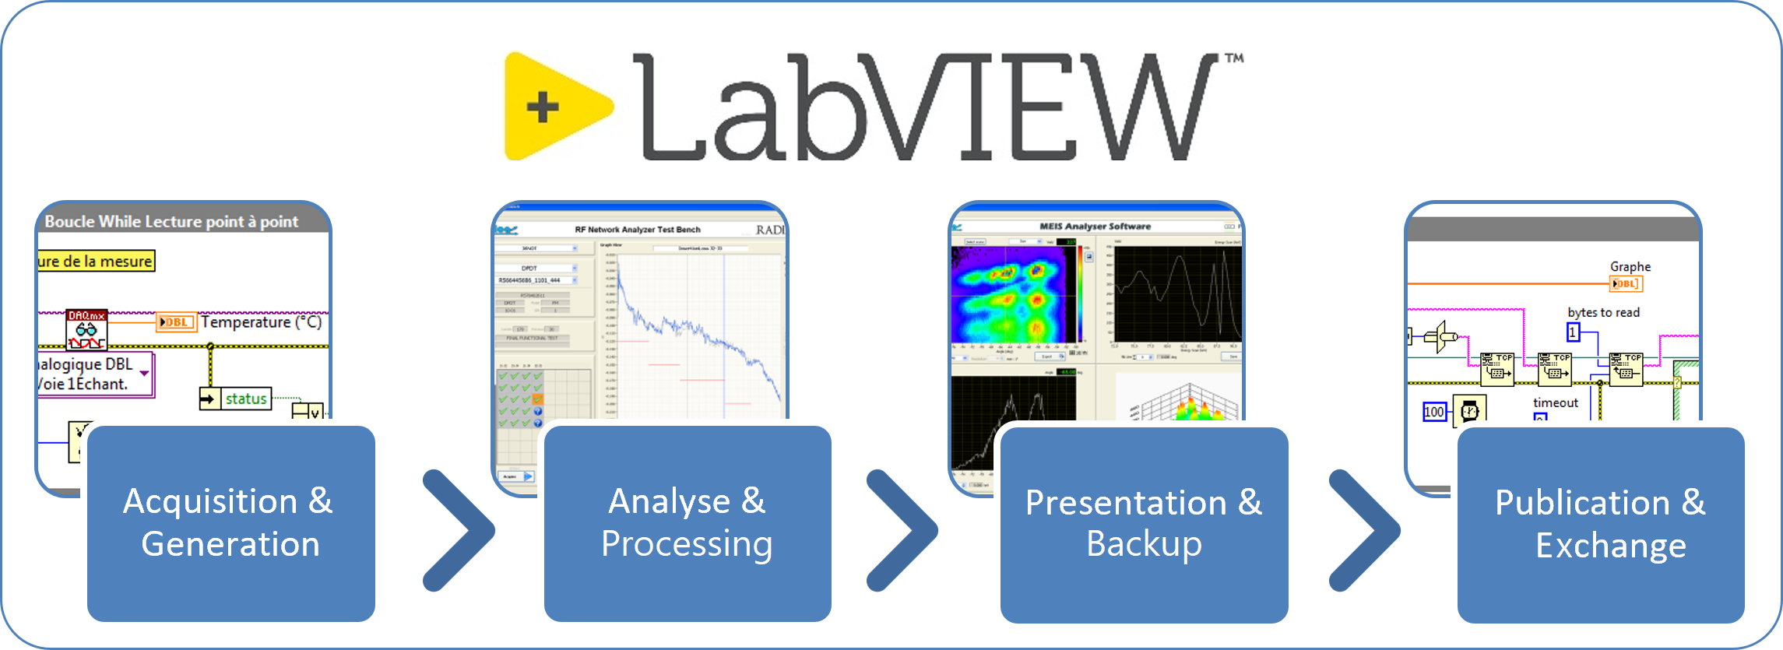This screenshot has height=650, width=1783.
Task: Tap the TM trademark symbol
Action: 1234,58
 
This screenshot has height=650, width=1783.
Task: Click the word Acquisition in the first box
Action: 210,501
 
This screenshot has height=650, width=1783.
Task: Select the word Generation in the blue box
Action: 230,544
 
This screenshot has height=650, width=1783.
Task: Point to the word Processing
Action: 687,544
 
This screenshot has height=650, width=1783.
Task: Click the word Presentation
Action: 1126,503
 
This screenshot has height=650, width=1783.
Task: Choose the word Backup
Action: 1144,544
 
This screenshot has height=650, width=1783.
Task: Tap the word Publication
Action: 1582,503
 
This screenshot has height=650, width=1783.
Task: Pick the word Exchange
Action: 1611,546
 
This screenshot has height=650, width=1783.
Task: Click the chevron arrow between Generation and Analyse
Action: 459,530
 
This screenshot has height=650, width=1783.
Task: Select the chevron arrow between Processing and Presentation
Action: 902,530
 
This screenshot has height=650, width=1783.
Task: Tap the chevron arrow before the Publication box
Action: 1365,530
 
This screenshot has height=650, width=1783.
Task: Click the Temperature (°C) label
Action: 261,322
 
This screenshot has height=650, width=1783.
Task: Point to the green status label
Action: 246,399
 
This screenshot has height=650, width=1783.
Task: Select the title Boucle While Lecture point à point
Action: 171,222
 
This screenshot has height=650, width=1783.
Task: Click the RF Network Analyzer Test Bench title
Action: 638,230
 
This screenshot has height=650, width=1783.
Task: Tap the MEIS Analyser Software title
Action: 1095,227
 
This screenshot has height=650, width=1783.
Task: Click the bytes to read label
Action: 1603,313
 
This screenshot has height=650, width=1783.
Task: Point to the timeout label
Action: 1555,403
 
